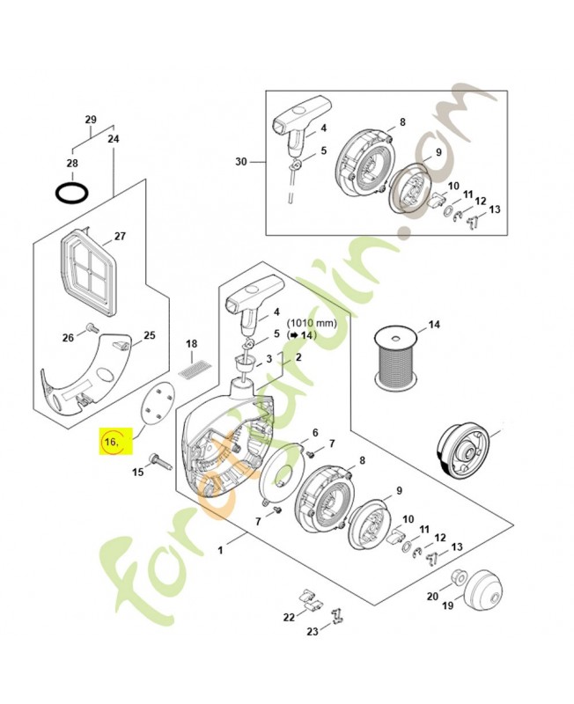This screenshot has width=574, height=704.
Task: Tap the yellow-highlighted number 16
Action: point(111,443)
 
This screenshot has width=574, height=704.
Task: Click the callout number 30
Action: point(241,161)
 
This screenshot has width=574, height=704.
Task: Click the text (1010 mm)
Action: point(312,323)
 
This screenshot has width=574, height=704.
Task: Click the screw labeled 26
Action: point(93,327)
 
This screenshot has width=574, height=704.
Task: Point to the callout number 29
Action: point(91,120)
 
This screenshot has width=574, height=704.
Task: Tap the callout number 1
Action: point(220,550)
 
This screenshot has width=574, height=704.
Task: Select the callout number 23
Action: point(313,632)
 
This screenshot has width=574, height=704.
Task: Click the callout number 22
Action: point(289,618)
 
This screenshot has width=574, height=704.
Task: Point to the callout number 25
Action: point(149,335)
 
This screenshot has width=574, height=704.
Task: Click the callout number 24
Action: point(114,139)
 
